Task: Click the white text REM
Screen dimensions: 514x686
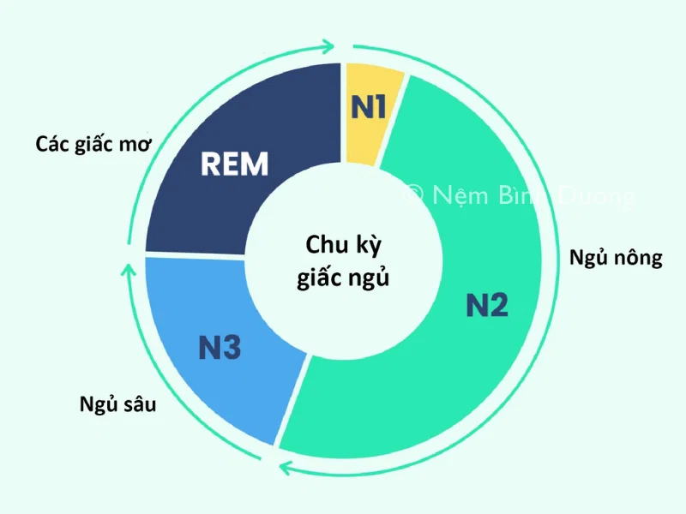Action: (x=235, y=164)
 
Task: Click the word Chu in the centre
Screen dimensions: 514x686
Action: (x=322, y=244)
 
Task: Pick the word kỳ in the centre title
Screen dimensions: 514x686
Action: (x=364, y=245)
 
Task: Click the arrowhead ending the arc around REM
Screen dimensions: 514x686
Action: (x=328, y=45)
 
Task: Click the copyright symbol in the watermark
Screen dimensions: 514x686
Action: (x=412, y=195)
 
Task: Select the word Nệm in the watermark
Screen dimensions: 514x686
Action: (x=455, y=195)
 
